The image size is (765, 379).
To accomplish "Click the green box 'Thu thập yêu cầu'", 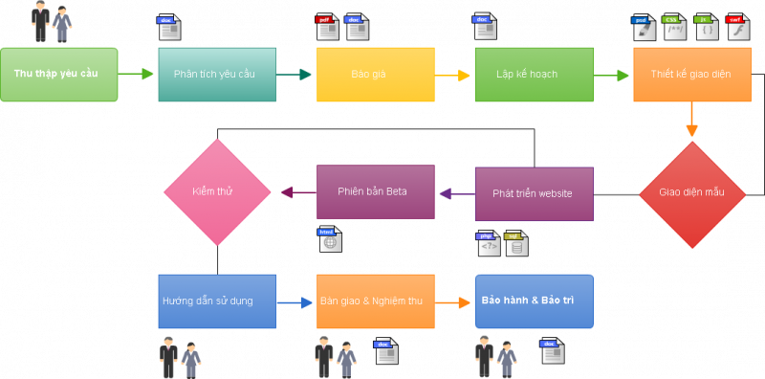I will [59, 75].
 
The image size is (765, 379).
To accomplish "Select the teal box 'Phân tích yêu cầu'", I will [217, 75].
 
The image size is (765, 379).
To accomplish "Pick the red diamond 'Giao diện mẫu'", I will [691, 192].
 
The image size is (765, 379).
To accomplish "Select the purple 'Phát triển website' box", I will [534, 194].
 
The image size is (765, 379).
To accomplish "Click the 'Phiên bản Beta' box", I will [375, 191].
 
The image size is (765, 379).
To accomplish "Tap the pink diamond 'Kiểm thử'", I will [217, 191].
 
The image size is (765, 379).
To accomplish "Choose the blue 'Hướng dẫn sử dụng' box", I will [217, 301].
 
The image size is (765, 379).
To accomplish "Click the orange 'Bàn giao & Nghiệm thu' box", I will [375, 301].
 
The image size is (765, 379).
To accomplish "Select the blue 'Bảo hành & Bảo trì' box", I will [534, 301].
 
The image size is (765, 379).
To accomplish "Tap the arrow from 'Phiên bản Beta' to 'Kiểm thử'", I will [297, 192].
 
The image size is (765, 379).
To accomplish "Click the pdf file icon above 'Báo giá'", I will [327, 27].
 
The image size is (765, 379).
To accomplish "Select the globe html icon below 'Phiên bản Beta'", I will [330, 239].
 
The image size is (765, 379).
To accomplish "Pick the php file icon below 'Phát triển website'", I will [489, 244].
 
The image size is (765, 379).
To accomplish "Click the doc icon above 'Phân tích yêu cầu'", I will [169, 27].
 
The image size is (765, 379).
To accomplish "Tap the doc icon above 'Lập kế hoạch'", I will [485, 26].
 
